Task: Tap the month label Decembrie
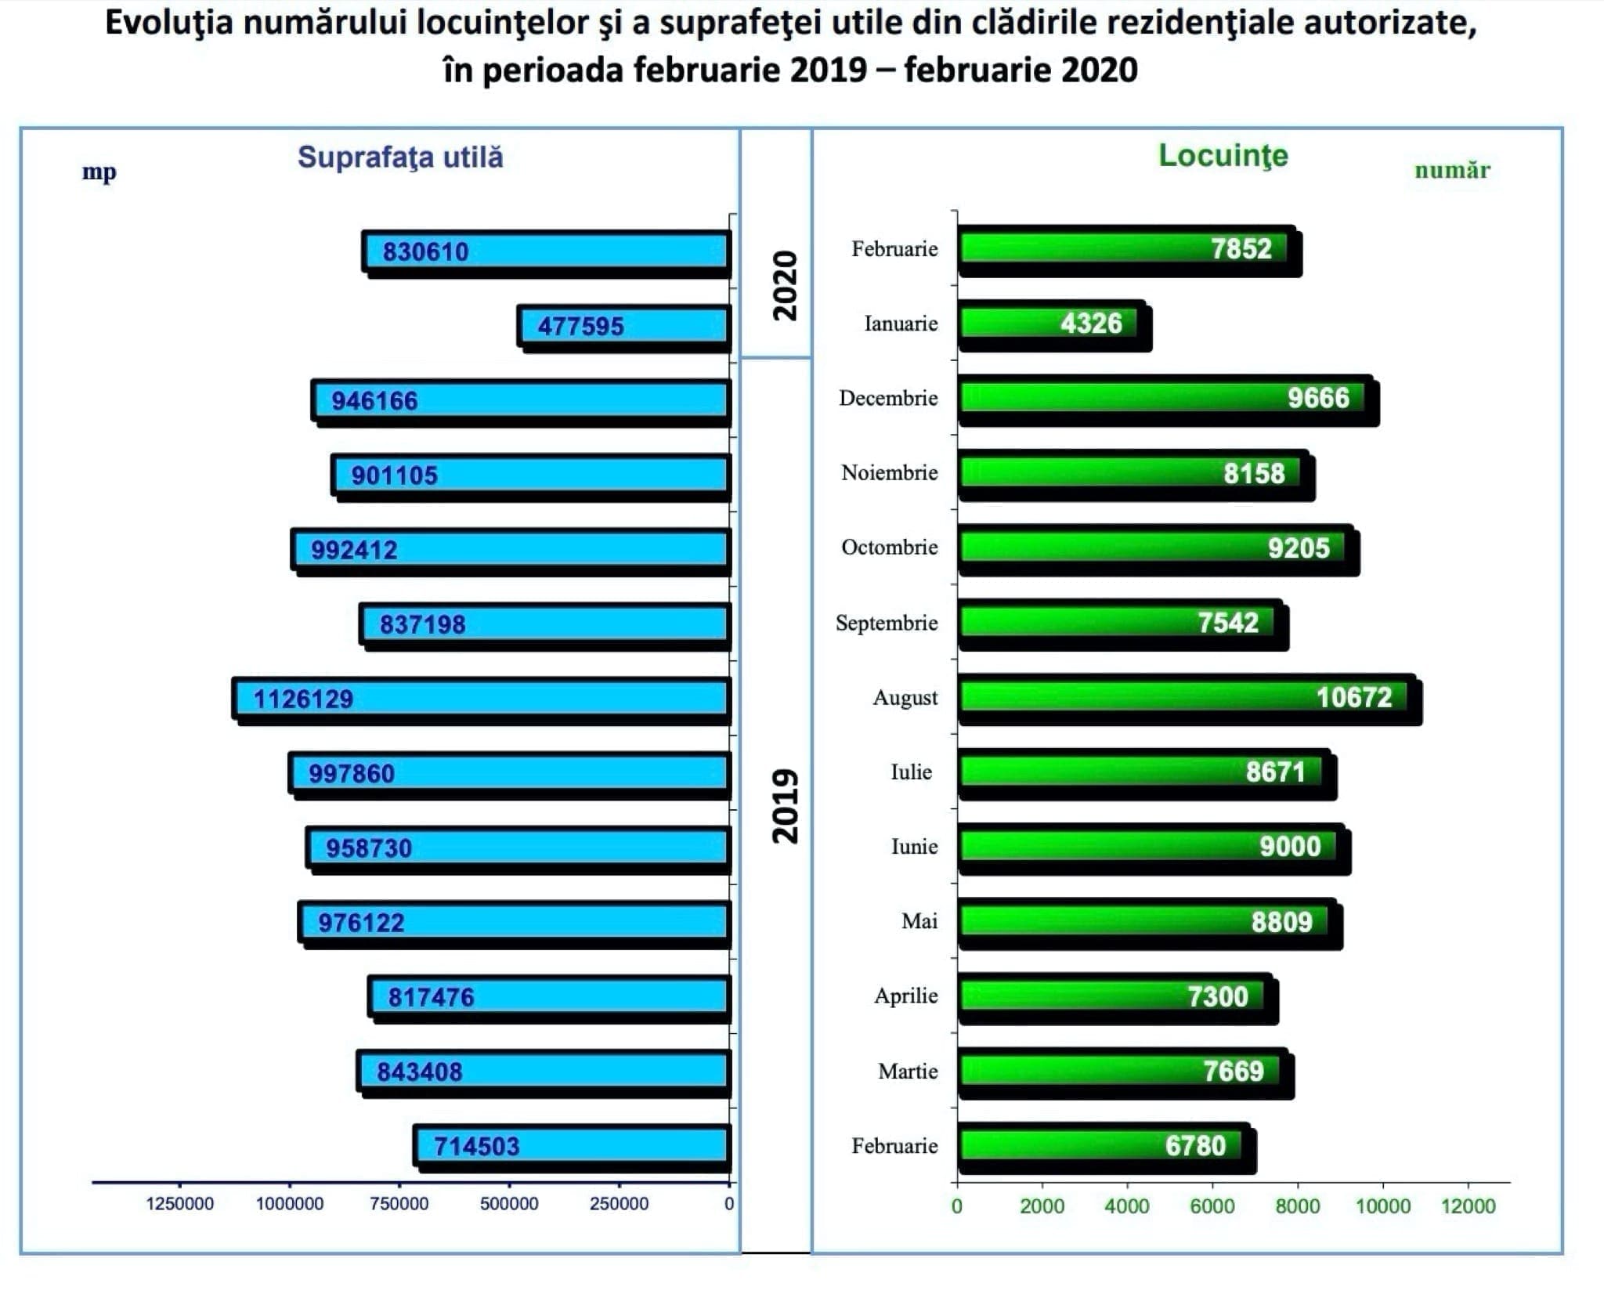888,398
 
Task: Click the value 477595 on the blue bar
580,326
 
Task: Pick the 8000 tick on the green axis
1297,1205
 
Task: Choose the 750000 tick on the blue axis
399,1203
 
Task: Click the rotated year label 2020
785,285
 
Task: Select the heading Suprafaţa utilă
400,157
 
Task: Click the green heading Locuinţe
1223,155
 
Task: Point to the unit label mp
99,172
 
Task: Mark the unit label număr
1451,170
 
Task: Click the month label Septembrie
887,623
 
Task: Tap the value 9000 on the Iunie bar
1289,847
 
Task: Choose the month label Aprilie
905,996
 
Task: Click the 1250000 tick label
179,1203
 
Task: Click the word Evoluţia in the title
168,23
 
